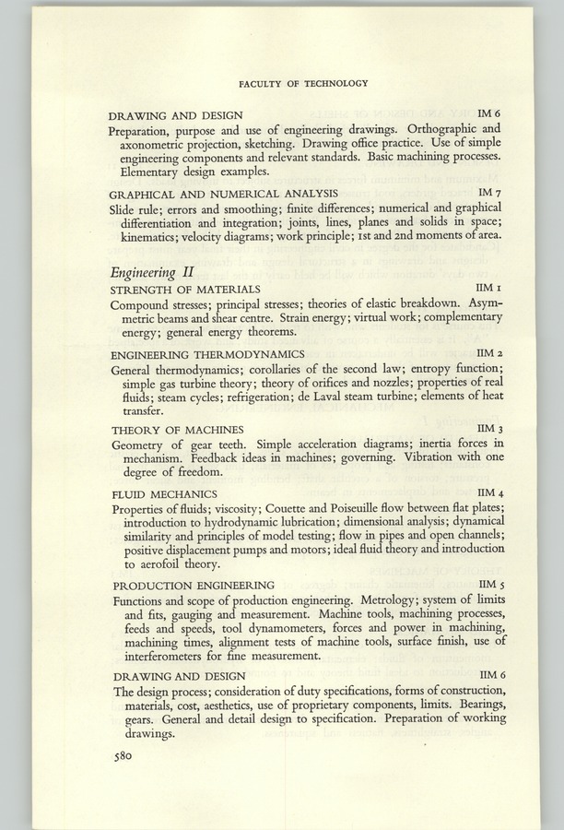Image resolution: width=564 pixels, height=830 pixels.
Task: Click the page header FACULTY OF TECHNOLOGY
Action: [x=303, y=83]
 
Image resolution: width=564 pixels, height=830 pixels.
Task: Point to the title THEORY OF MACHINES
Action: [x=177, y=430]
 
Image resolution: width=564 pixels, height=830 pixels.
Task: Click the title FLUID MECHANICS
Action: [x=164, y=494]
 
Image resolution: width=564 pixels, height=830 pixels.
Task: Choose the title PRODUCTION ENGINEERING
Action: [x=194, y=585]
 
